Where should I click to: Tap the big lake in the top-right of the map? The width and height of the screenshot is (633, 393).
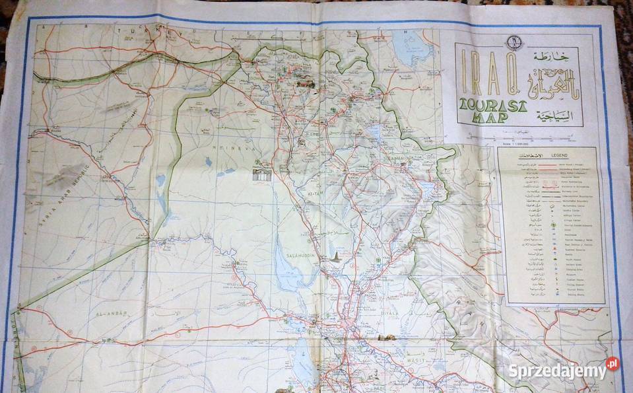(413, 48)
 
